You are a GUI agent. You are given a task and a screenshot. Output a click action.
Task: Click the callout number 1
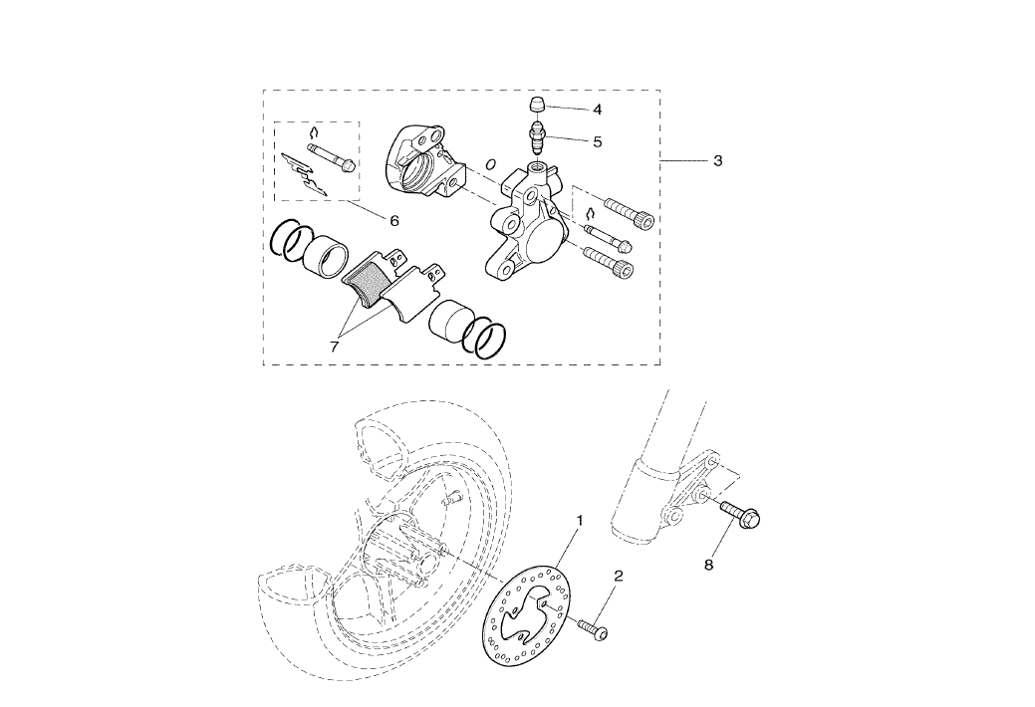tap(580, 520)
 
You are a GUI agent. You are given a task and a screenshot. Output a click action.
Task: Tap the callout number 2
tap(619, 577)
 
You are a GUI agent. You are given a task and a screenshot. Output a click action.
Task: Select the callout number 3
tap(717, 161)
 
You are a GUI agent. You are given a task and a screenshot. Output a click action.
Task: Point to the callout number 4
tap(597, 110)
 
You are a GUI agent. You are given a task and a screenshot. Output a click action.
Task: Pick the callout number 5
tap(597, 142)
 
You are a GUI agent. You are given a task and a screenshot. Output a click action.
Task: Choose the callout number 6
tap(393, 219)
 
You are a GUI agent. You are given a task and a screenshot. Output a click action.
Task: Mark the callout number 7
tap(335, 346)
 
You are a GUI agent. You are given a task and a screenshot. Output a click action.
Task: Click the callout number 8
tap(709, 565)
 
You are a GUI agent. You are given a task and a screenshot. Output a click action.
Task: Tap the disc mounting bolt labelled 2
tap(593, 630)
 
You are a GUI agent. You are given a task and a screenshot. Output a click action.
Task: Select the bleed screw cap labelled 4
tap(535, 104)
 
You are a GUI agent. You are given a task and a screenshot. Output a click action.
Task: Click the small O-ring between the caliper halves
tap(490, 164)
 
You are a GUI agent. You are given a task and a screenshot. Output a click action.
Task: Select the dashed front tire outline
tap(299, 617)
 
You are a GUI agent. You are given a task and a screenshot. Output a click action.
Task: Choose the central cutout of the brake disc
tap(527, 622)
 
